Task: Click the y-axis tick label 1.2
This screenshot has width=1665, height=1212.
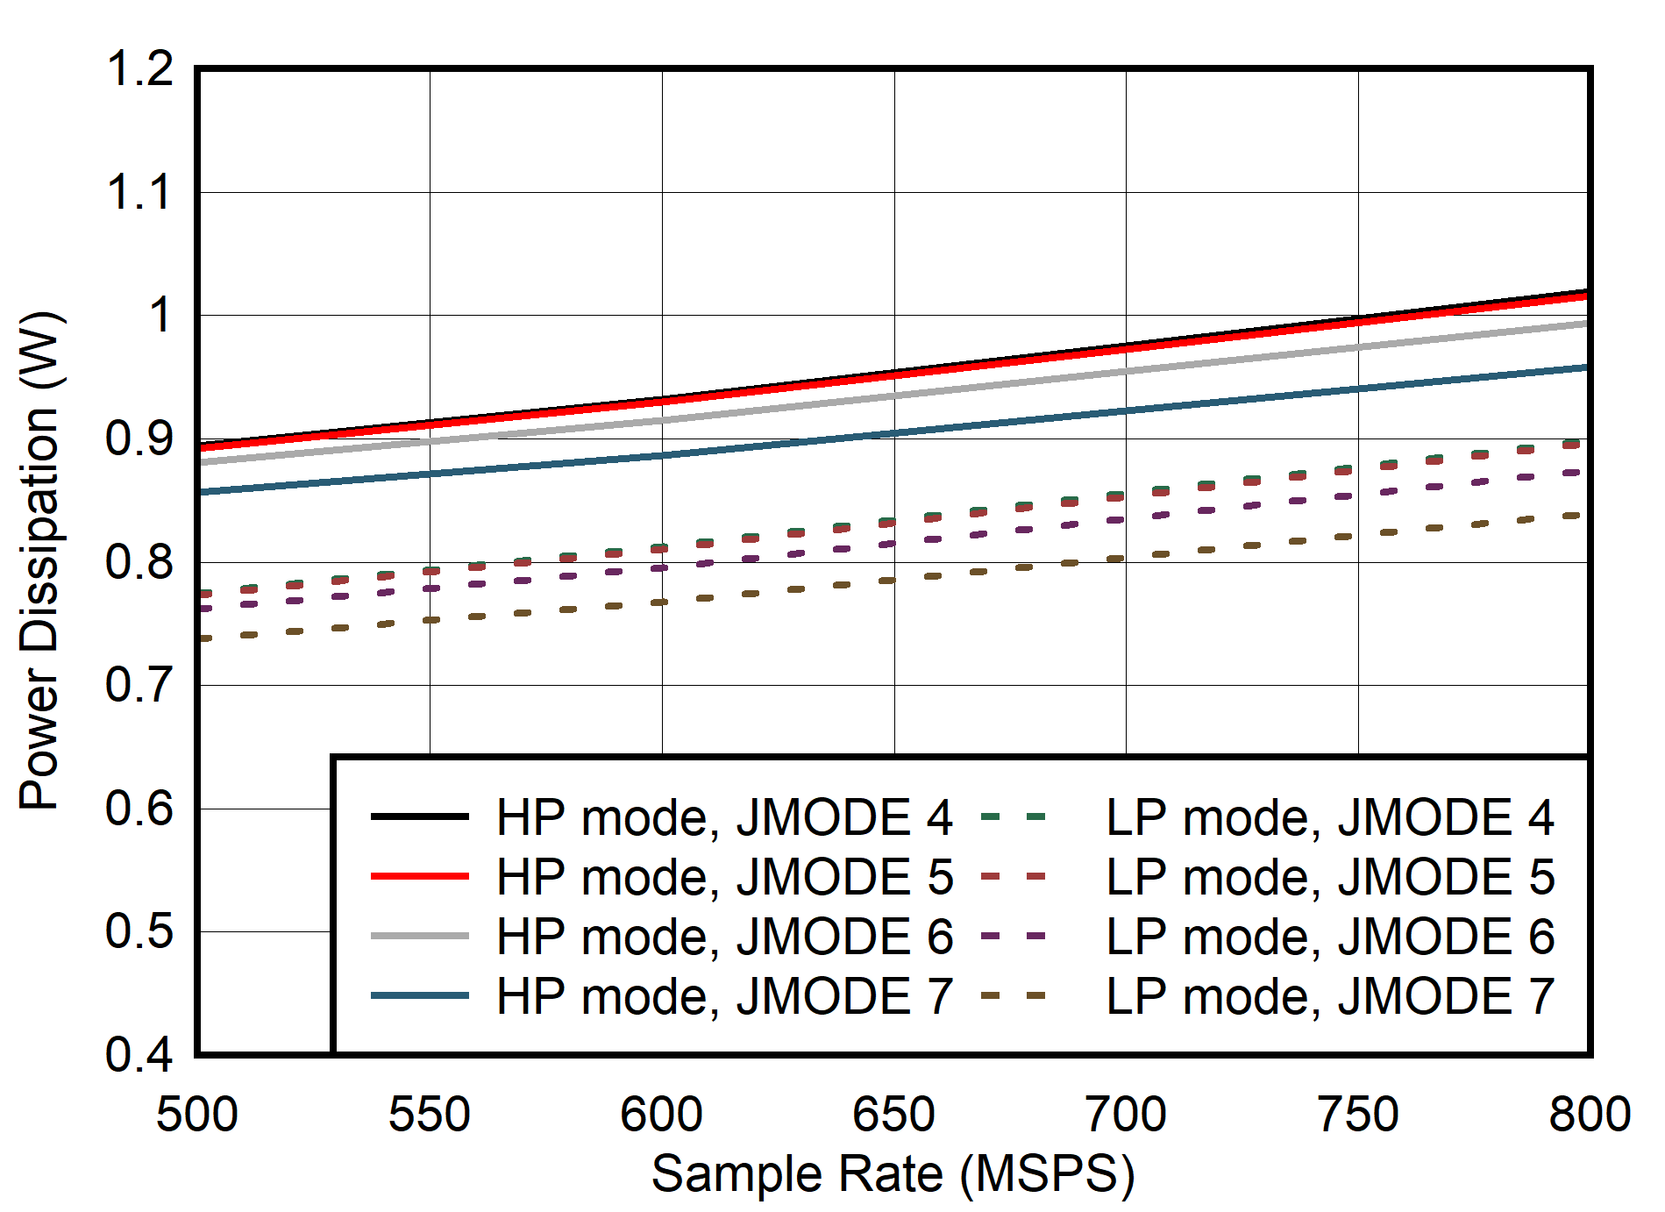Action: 139,68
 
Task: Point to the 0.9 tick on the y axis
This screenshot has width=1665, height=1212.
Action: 139,438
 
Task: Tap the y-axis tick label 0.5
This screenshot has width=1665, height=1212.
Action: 139,931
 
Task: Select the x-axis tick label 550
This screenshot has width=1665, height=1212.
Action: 430,1115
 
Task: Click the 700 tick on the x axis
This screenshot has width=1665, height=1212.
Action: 1126,1115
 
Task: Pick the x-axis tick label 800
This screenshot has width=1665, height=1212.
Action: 1589,1115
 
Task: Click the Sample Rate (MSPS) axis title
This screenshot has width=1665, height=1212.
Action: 893,1173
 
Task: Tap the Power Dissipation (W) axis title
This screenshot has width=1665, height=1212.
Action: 40,561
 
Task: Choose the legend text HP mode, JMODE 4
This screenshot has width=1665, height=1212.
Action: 724,817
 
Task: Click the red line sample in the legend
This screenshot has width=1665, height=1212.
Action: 420,876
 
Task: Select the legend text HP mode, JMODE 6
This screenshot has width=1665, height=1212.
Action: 724,937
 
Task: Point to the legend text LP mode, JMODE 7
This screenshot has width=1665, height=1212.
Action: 1330,996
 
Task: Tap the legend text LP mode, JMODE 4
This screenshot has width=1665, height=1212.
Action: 1330,817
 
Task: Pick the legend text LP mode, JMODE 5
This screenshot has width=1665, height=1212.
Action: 1330,877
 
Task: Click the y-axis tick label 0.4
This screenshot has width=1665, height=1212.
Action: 139,1055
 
